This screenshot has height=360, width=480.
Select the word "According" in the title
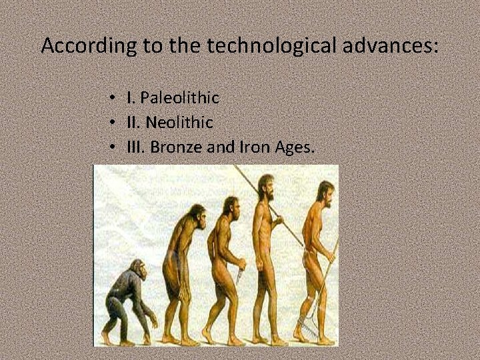click(87, 46)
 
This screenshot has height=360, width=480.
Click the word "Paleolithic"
click(180, 98)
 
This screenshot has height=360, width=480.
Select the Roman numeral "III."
click(136, 147)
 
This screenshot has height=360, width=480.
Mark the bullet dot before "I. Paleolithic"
click(115, 99)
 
